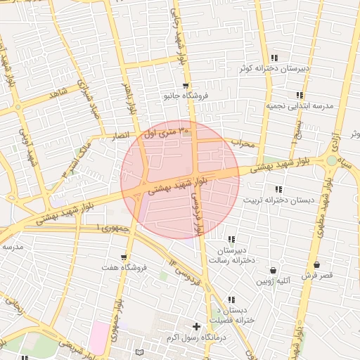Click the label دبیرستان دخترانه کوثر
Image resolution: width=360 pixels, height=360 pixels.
(x=284, y=69)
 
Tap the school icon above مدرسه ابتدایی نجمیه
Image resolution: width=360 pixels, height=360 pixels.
(x=300, y=95)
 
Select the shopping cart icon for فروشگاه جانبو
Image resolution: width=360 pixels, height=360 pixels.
(x=185, y=85)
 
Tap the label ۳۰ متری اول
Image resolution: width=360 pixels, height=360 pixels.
(x=166, y=131)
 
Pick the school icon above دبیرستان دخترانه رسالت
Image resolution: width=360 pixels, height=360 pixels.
(x=231, y=240)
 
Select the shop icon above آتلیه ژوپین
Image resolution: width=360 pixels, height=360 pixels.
(x=273, y=271)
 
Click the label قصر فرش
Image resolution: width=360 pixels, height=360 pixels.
(x=316, y=276)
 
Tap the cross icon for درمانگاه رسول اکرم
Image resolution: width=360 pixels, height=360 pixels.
(x=196, y=326)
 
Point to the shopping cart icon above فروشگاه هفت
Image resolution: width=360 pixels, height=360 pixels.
(x=124, y=257)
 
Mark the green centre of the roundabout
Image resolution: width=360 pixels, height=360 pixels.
(x=331, y=161)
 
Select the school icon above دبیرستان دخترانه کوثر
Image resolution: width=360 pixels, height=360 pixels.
(x=274, y=58)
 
